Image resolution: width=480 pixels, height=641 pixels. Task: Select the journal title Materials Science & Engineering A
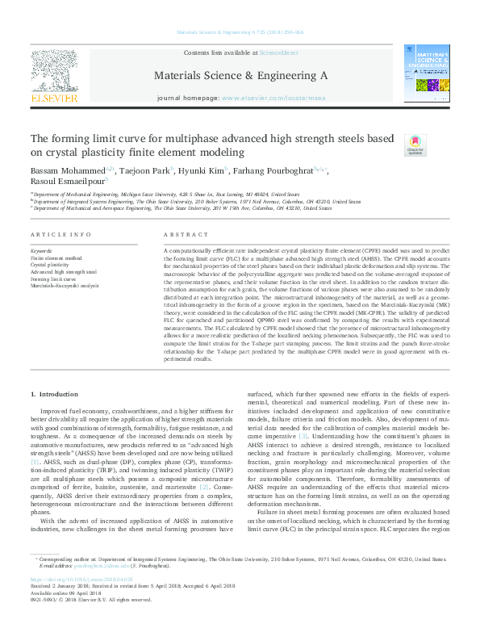[x=240, y=75]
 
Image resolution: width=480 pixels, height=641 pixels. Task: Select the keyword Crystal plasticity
[x=50, y=264]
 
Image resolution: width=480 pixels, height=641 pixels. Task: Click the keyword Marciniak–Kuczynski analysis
[x=65, y=285]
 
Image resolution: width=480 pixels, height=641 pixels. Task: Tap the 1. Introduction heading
[x=54, y=393]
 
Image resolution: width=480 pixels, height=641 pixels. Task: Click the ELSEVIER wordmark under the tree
[x=54, y=98]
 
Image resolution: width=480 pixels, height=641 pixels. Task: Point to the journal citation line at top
[x=240, y=33]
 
